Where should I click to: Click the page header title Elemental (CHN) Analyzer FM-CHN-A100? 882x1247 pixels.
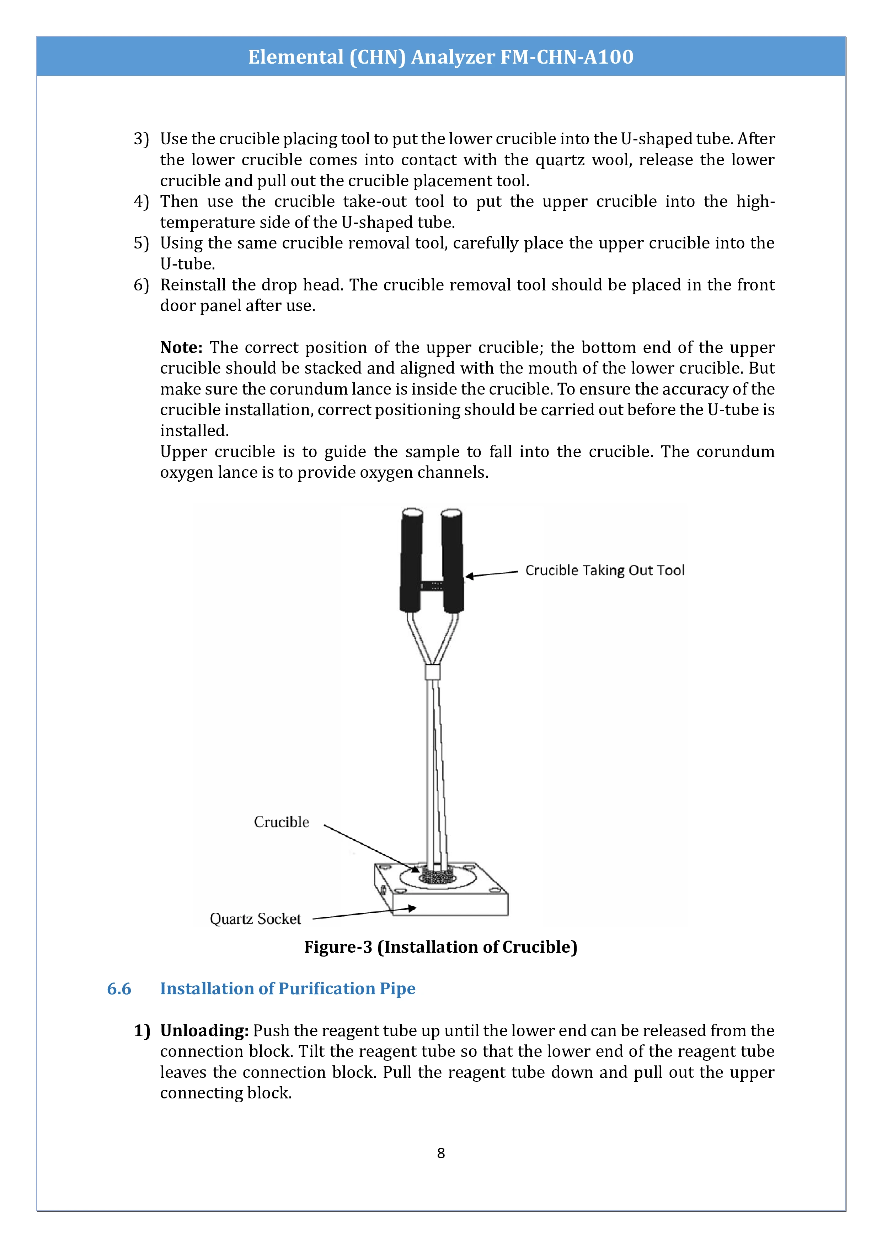coord(440,57)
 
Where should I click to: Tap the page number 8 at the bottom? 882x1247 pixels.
coord(440,1152)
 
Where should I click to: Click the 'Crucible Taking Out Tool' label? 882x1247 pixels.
coord(604,570)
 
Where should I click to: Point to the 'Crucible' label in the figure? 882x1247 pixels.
coord(281,822)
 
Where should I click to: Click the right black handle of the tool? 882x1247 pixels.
coord(453,560)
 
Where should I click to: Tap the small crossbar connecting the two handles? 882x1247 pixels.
coord(432,585)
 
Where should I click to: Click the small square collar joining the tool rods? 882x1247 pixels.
coord(432,673)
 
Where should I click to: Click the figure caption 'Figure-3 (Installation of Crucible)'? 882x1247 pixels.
coord(440,947)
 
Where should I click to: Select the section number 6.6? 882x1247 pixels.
coord(119,989)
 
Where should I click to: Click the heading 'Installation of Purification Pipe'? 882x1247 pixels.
coord(287,989)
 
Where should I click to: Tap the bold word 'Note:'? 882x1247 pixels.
coord(181,347)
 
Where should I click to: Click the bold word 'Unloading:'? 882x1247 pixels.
coord(204,1030)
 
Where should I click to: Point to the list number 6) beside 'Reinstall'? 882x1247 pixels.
coord(141,285)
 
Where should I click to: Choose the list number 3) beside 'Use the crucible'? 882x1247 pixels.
coord(141,139)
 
